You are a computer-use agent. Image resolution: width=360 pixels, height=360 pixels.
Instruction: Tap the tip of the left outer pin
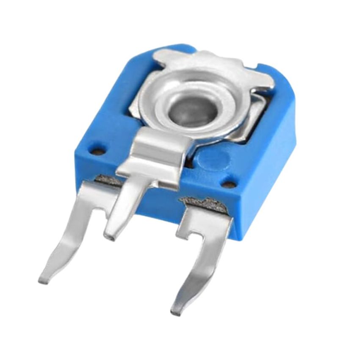click(43, 280)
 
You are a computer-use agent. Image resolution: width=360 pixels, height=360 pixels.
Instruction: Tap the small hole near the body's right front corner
click(229, 184)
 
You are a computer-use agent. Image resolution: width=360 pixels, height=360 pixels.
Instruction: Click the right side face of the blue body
click(267, 169)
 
